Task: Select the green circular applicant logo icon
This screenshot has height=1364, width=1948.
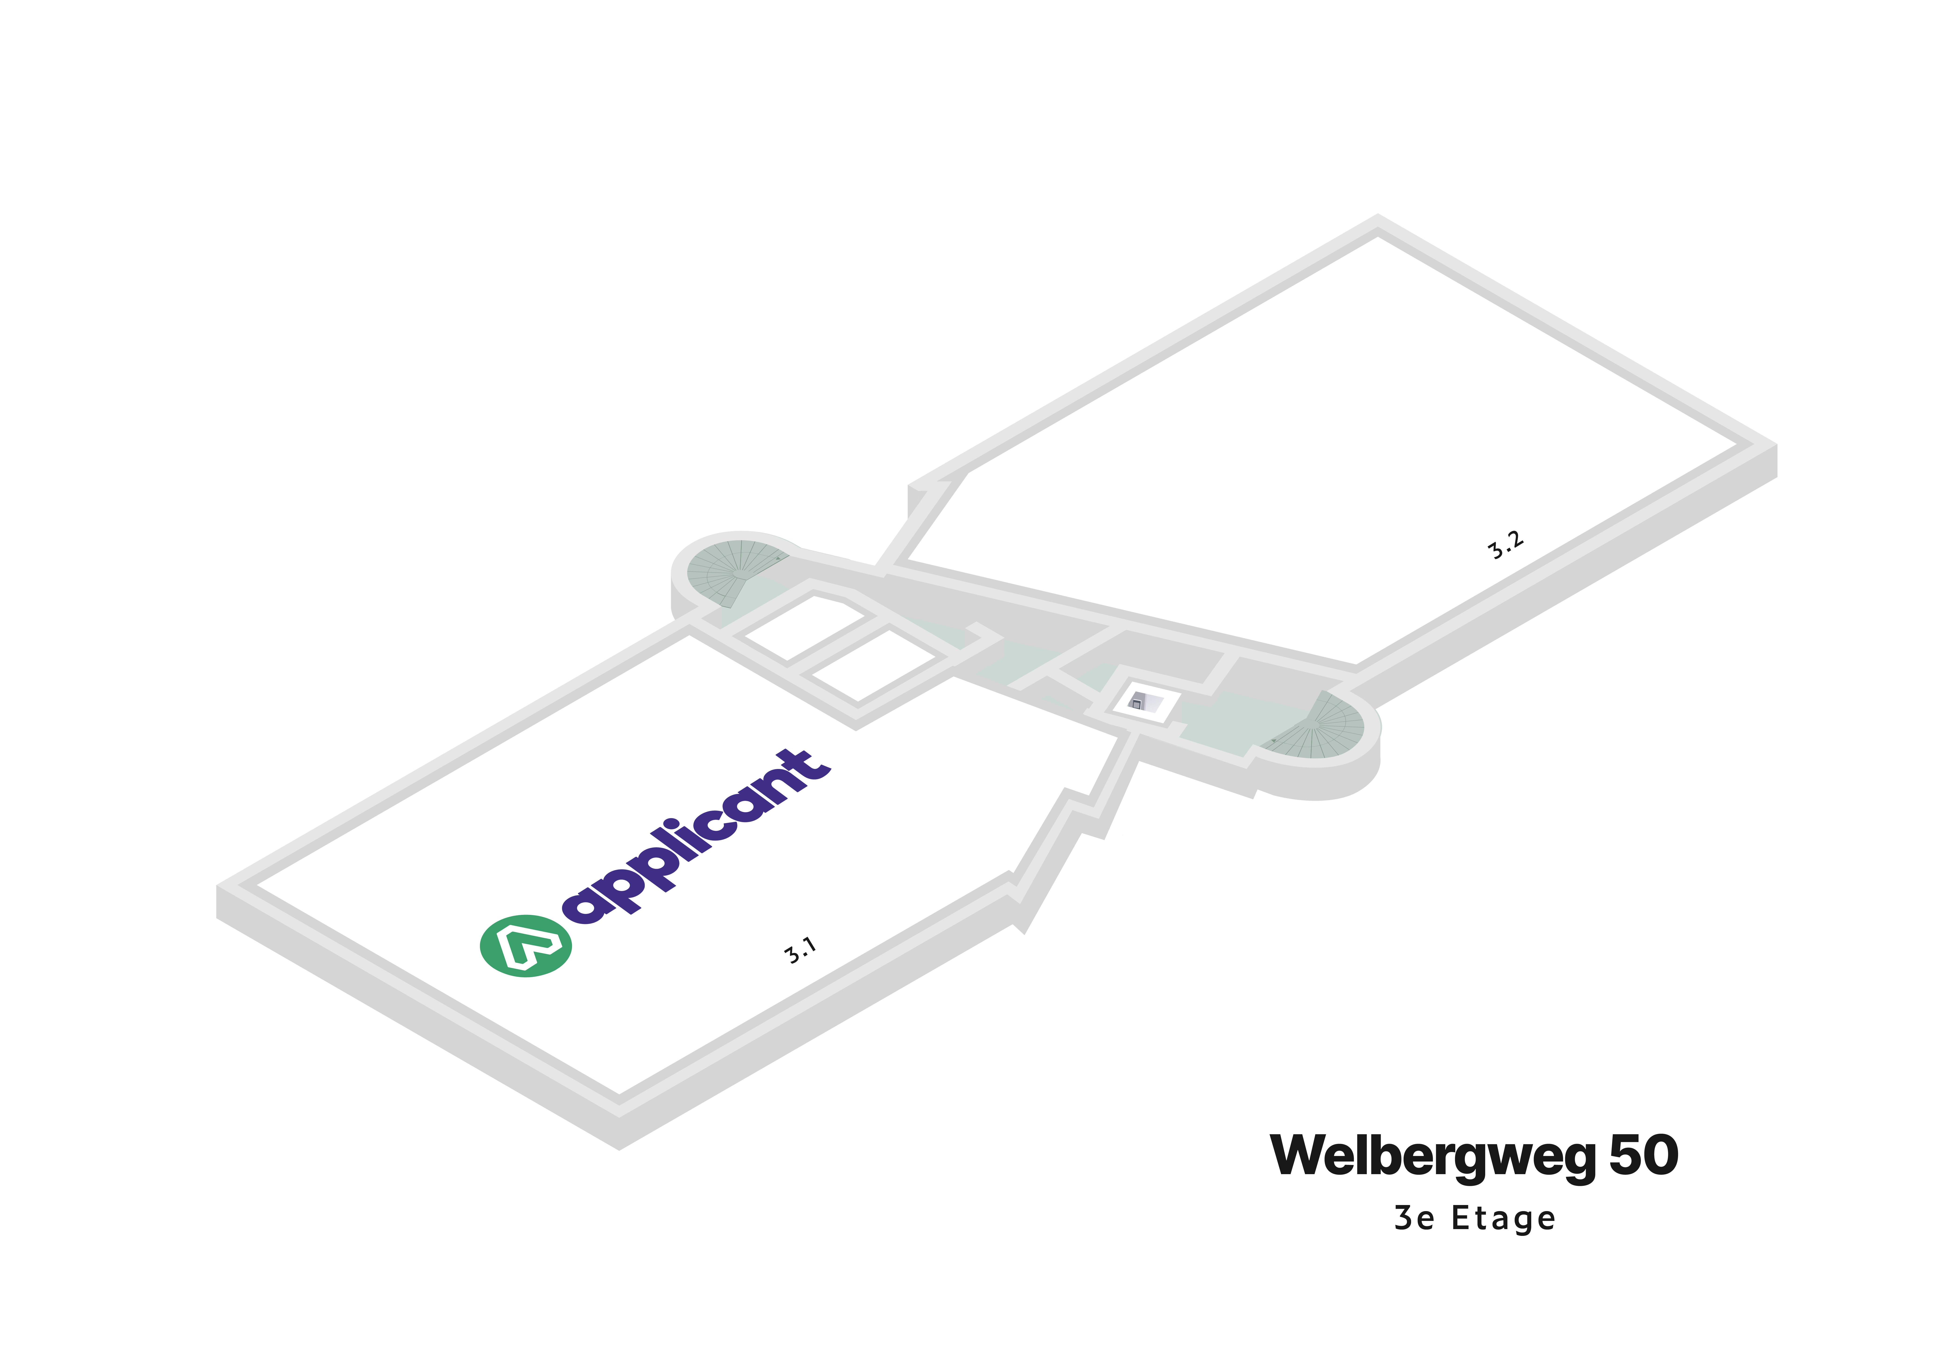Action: click(526, 945)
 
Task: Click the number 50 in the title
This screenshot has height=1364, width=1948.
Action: click(1643, 1155)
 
